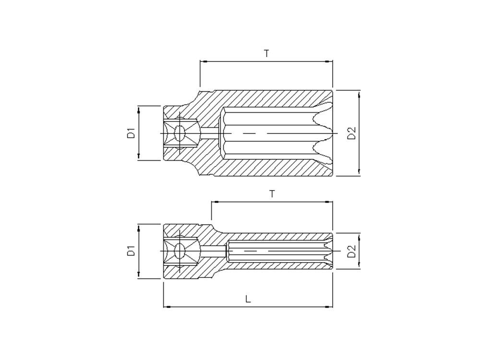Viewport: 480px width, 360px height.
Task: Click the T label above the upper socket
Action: (266, 53)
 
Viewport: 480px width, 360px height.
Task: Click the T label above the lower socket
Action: (272, 194)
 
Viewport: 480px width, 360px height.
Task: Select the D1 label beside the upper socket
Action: (132, 133)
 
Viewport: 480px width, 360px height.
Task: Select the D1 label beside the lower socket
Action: (132, 251)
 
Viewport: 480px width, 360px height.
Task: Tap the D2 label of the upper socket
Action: (352, 133)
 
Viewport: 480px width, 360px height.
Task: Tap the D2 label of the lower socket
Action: (352, 251)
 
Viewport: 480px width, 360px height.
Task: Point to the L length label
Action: (248, 299)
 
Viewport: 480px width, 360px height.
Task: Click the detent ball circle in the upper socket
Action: (179, 133)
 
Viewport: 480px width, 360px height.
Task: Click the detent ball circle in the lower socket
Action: (180, 251)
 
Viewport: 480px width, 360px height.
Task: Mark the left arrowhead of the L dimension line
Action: (167, 306)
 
